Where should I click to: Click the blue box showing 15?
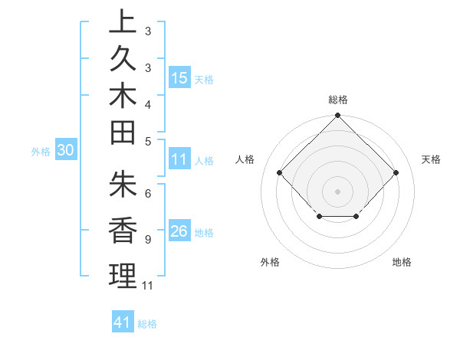tap(179, 77)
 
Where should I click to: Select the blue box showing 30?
tap(65, 151)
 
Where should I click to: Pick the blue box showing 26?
tap(179, 231)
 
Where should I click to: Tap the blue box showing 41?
tap(123, 322)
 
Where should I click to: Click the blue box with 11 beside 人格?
tap(179, 159)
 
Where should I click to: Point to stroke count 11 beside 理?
tap(148, 286)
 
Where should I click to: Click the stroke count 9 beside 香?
tap(147, 240)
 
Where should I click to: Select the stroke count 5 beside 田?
tap(147, 141)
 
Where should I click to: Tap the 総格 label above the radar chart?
tap(338, 100)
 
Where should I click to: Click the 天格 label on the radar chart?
tap(431, 159)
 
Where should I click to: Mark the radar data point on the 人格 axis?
tap(280, 173)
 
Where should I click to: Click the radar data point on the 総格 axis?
tap(338, 116)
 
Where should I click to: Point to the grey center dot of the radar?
tap(338, 191)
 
